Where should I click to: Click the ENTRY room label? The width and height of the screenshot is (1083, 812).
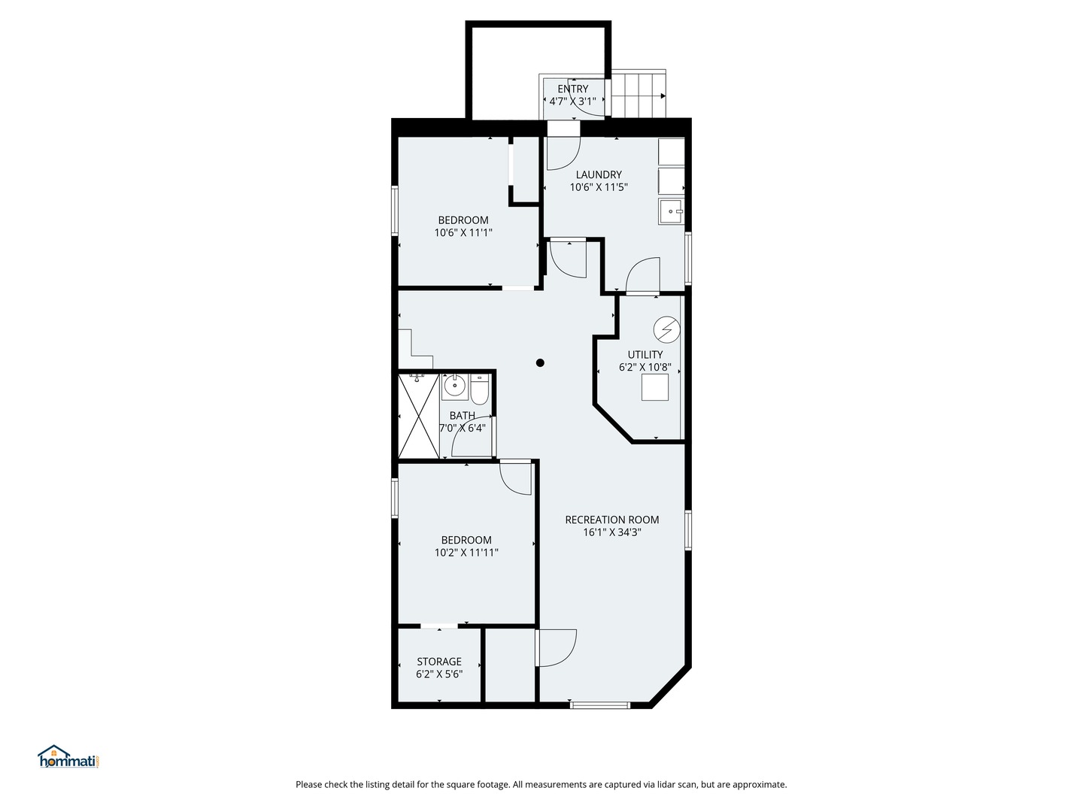point(572,89)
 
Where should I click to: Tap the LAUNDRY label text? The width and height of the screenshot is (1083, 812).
point(599,174)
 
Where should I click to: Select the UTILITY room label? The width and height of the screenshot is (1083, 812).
point(645,354)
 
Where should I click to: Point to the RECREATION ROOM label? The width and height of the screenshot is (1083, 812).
point(611,520)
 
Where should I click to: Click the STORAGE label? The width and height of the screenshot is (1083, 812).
point(439,662)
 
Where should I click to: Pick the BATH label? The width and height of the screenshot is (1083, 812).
point(463,416)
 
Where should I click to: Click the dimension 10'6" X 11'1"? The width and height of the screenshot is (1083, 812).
point(463,233)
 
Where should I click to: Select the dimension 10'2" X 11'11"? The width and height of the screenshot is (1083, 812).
point(466,553)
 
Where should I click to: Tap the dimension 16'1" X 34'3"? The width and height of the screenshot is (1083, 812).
point(611,532)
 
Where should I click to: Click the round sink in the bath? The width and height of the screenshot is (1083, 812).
point(454,384)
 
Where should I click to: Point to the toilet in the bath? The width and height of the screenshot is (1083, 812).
point(479,389)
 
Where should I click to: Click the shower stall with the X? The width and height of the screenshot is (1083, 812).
point(418,416)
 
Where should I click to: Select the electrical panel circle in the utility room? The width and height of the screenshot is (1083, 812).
point(666,329)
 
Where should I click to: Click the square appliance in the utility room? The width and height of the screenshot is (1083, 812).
point(655,387)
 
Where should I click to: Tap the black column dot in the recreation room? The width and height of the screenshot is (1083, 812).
point(540,363)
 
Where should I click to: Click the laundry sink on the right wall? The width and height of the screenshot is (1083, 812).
point(671,211)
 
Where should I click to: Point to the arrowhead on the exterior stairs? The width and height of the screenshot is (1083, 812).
point(663,96)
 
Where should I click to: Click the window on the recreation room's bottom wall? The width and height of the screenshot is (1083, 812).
point(600,705)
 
